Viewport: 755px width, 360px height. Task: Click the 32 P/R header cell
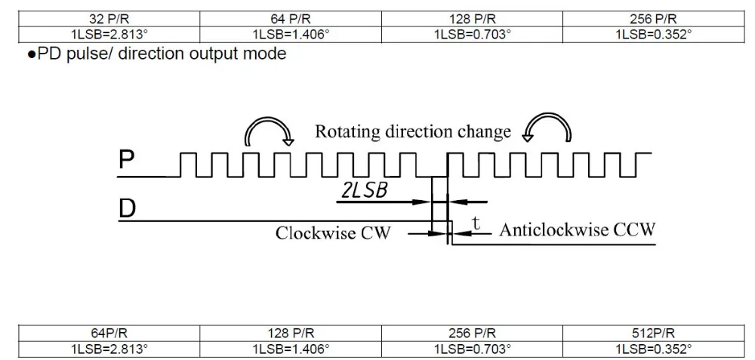click(x=109, y=20)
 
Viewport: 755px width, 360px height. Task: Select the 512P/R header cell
click(x=652, y=333)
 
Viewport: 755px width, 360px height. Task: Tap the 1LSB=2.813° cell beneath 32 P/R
click(x=109, y=35)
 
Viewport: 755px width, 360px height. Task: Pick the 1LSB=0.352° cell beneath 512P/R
click(x=652, y=348)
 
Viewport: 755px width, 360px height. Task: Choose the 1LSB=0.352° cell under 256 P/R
click(x=652, y=35)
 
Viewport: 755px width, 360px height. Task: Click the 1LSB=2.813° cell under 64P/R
click(x=109, y=348)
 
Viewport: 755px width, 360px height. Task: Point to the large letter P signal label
click(x=126, y=160)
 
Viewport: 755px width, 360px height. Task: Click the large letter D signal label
click(x=127, y=209)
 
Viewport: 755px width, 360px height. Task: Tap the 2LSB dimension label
click(x=364, y=191)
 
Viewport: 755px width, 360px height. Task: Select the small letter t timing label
click(x=476, y=223)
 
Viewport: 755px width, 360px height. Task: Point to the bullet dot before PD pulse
click(x=32, y=54)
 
